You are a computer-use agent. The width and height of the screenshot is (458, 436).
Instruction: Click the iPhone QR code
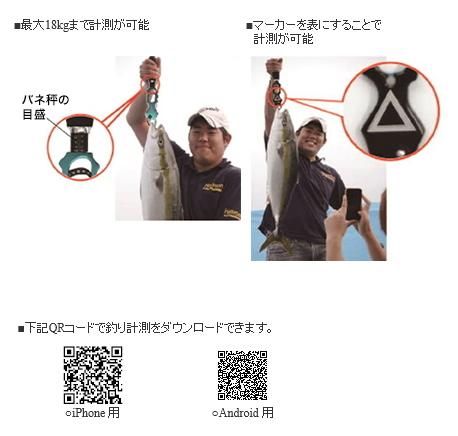[93, 375]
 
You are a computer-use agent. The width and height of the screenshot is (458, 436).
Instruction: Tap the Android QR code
[243, 375]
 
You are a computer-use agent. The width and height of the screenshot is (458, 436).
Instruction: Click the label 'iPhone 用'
[93, 413]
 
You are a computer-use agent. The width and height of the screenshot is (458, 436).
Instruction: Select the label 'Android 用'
[243, 413]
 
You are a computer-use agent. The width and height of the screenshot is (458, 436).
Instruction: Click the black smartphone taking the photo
[354, 204]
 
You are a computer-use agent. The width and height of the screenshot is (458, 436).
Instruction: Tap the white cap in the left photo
[209, 117]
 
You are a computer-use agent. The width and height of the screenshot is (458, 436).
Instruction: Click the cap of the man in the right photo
[312, 124]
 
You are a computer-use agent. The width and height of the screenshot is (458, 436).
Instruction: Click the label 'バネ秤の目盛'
[45, 107]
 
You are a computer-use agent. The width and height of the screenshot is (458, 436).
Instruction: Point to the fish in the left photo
[161, 173]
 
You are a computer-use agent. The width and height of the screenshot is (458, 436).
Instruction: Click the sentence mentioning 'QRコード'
[145, 328]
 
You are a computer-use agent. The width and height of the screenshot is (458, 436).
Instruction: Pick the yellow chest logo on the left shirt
[213, 187]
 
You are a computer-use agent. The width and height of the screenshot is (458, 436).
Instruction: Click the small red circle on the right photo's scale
[276, 98]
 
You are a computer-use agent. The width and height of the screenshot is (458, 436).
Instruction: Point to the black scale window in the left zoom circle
[80, 139]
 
